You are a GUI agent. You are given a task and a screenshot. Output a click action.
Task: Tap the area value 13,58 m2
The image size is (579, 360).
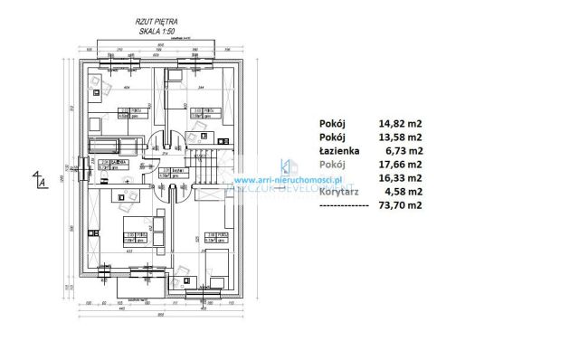click(x=400, y=137)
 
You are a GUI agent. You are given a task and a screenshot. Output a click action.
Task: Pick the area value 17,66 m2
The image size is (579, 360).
click(x=400, y=165)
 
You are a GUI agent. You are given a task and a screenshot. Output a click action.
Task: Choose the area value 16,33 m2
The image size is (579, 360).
click(x=400, y=178)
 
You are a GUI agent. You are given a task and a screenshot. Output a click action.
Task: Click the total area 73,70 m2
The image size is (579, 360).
click(x=400, y=205)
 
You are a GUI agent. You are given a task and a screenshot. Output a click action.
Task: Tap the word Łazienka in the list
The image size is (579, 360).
click(x=340, y=151)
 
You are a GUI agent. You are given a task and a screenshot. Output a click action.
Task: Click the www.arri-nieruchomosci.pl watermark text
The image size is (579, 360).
click(x=299, y=179)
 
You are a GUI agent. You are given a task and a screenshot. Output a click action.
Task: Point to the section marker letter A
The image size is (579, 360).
click(x=42, y=184)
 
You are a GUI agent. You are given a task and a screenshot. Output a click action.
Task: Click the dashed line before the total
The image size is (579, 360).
click(x=344, y=205)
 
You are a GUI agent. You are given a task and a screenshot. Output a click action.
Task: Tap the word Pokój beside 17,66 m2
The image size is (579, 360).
click(x=332, y=165)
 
